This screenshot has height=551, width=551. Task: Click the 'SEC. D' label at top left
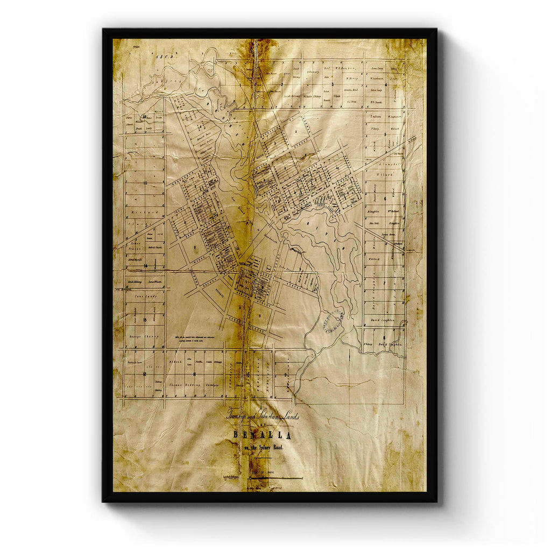(160, 56)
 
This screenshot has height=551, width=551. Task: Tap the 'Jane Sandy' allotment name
(145, 296)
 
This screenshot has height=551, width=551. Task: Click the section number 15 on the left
(145, 183)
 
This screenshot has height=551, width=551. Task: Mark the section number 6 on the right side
(386, 199)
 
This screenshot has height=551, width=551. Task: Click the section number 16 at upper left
(144, 116)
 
